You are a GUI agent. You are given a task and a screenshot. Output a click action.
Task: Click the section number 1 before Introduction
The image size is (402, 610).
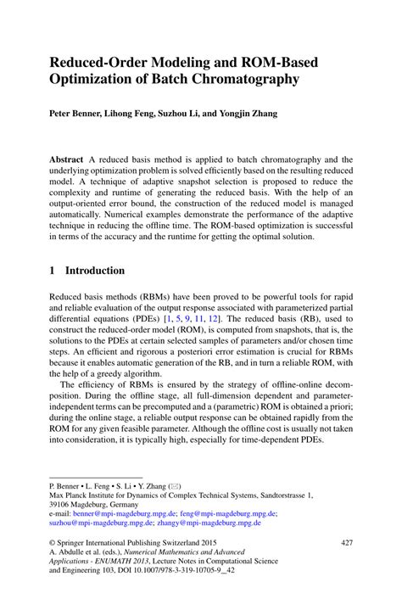click(x=53, y=271)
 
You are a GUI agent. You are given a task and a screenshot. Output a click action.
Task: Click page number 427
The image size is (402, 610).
click(x=346, y=542)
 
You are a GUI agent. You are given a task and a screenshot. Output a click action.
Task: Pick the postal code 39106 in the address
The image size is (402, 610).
click(x=64, y=503)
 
